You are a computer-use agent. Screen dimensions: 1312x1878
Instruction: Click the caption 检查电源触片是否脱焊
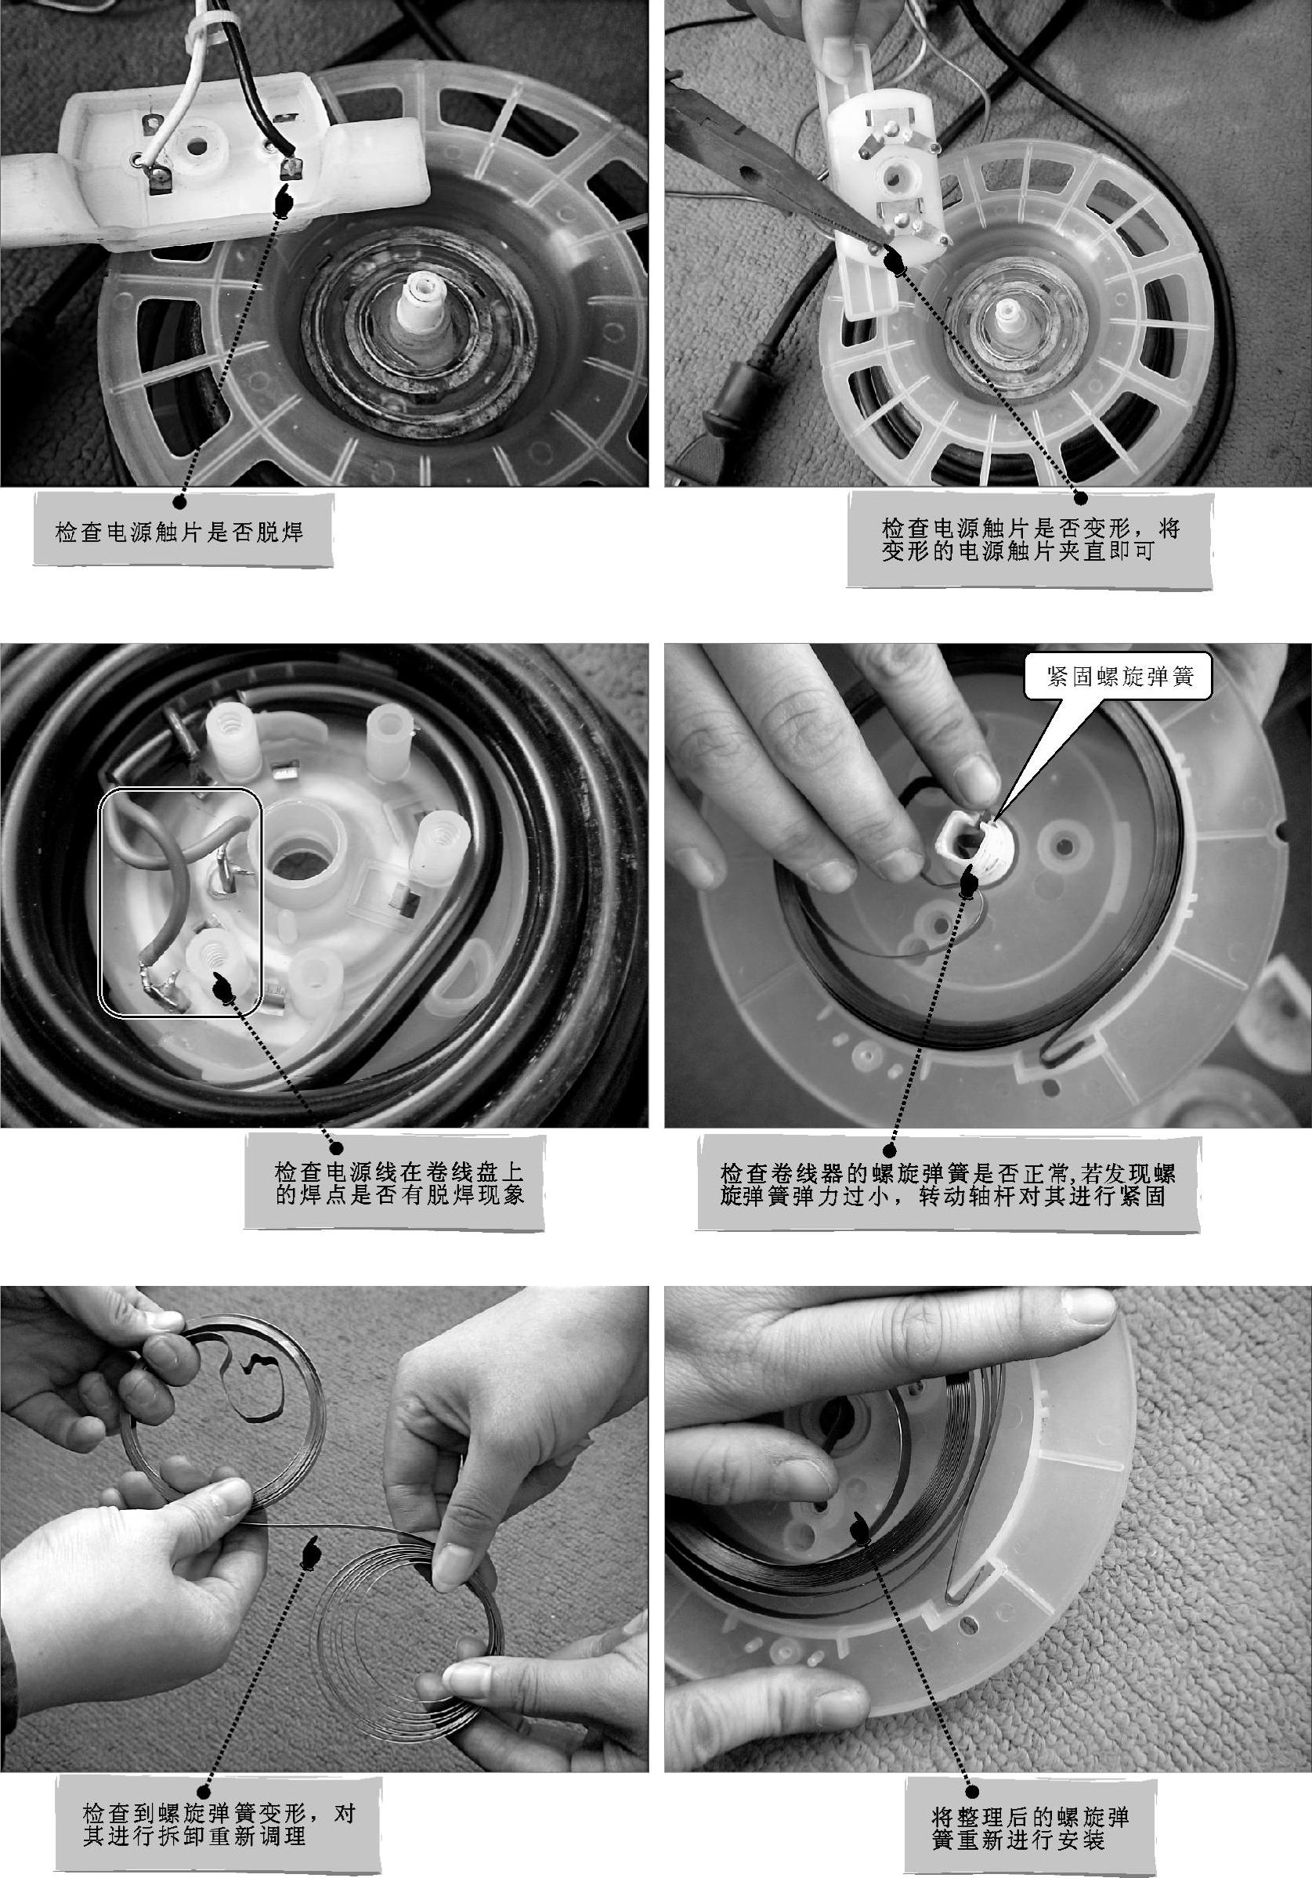(180, 533)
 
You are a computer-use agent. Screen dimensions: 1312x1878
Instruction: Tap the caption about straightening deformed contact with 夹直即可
(1031, 540)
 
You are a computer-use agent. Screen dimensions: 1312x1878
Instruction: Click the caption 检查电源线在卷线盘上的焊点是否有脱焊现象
(399, 1183)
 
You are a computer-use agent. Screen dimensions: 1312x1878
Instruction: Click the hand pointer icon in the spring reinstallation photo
(861, 1524)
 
